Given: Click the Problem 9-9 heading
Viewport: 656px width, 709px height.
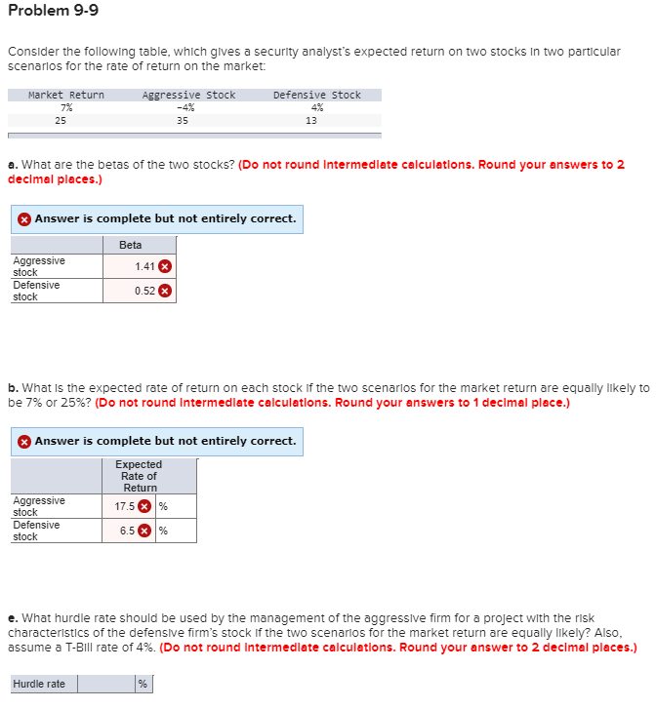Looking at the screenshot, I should (53, 12).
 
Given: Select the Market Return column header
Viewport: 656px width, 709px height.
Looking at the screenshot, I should (65, 95).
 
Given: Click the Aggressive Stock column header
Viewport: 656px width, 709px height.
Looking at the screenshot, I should (188, 95).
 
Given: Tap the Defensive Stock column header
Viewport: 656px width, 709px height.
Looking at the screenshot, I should (316, 95).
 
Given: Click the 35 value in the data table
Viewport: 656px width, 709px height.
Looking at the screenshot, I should (183, 121).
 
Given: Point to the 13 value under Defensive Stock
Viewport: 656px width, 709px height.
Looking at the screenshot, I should (310, 121).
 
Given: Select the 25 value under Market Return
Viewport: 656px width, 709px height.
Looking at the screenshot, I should (61, 121).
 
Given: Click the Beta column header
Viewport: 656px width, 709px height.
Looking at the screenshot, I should (130, 245).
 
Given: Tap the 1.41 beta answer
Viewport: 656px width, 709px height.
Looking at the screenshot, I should (144, 266).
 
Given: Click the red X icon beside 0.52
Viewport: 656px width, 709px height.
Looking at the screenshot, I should (166, 291).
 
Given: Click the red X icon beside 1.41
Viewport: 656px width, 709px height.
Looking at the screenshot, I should (166, 266).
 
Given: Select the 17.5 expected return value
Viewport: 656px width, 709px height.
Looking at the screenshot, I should (124, 506).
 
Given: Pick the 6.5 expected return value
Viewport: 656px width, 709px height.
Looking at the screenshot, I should (127, 531).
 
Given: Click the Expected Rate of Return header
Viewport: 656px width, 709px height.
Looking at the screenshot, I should (140, 476).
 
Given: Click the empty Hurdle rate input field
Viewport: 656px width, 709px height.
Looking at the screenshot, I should (106, 684).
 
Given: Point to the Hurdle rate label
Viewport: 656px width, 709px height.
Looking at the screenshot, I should (39, 684).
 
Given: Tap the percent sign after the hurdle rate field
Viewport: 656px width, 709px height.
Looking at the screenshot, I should (143, 684).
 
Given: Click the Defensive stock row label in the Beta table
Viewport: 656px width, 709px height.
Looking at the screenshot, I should (37, 291).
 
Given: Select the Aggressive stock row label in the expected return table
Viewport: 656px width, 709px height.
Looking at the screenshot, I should (39, 506).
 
